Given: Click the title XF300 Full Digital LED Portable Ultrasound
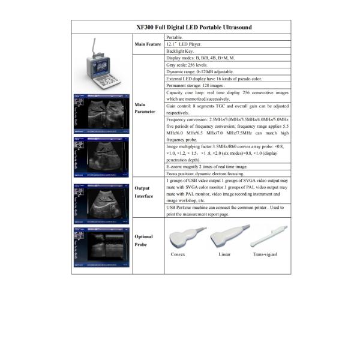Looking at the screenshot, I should click(x=181, y=27).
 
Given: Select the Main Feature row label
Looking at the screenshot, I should click(x=148, y=44).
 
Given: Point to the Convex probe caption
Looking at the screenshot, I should click(x=178, y=254).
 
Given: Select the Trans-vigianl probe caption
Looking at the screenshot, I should click(x=265, y=254).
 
